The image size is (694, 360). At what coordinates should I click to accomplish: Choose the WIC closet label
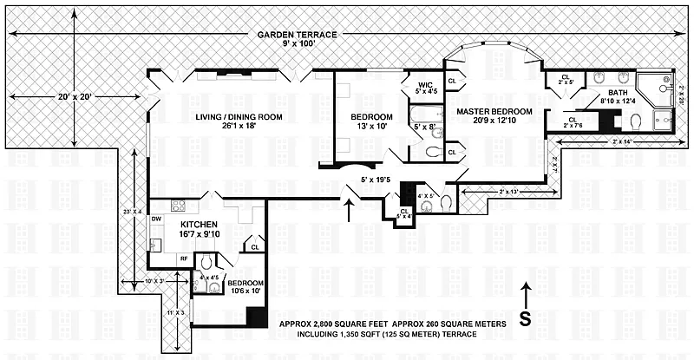[x=424, y=82]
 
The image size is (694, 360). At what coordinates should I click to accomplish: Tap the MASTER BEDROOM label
[x=488, y=112]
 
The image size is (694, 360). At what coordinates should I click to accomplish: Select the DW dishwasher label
[x=156, y=219]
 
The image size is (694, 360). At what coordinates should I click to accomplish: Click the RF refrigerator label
[x=184, y=258]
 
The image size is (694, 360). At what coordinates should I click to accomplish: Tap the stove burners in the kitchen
[x=179, y=206]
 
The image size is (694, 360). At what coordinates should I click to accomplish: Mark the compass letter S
[x=525, y=317]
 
